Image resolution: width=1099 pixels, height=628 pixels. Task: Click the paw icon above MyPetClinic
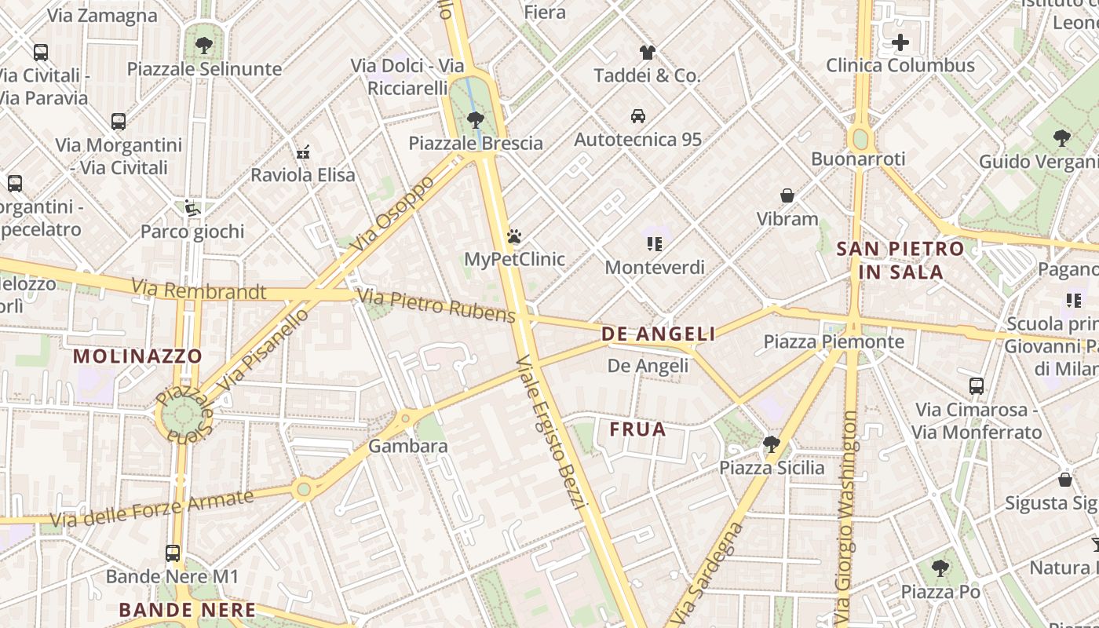514,236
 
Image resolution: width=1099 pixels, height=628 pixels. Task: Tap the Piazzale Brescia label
476,143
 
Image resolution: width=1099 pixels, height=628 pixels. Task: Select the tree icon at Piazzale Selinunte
204,46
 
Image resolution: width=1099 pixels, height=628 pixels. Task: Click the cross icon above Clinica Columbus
900,42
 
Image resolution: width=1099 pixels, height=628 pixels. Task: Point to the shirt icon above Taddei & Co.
647,53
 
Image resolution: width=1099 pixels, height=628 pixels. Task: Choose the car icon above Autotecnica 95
638,116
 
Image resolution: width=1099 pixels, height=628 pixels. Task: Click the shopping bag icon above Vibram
787,195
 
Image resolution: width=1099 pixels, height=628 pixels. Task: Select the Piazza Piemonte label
834,341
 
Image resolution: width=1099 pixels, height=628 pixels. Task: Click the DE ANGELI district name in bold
659,334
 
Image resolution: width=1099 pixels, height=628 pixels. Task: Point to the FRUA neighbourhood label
637,429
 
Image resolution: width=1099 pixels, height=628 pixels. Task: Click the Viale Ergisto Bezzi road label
552,432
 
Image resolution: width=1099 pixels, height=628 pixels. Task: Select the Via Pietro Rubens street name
436,305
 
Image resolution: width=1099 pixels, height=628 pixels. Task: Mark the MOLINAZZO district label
138,356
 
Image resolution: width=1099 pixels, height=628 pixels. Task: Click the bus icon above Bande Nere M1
173,553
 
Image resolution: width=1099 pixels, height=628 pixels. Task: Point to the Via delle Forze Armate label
152,508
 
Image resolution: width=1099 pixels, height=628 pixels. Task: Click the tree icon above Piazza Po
940,568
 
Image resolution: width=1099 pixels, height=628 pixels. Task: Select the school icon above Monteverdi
655,244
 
